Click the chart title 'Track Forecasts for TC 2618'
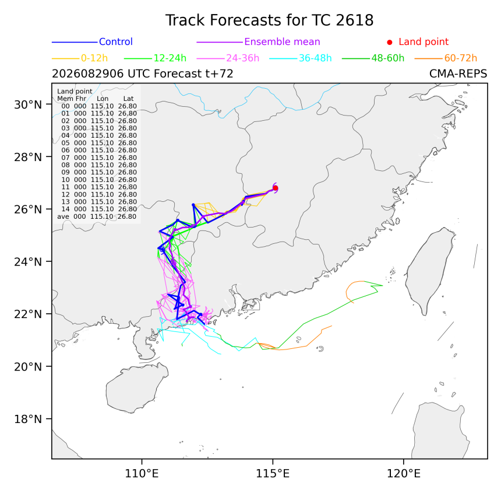pos(269,20)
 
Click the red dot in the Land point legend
pos(390,42)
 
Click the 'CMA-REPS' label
pos(458,74)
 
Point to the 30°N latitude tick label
pos(28,104)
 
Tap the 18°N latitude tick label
pos(28,419)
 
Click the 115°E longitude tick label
pos(273,473)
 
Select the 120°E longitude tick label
pos(404,473)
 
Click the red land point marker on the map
pos(276,188)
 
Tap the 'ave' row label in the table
pos(63,216)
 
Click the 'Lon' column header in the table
pos(103,99)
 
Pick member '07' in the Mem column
pos(65,158)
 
